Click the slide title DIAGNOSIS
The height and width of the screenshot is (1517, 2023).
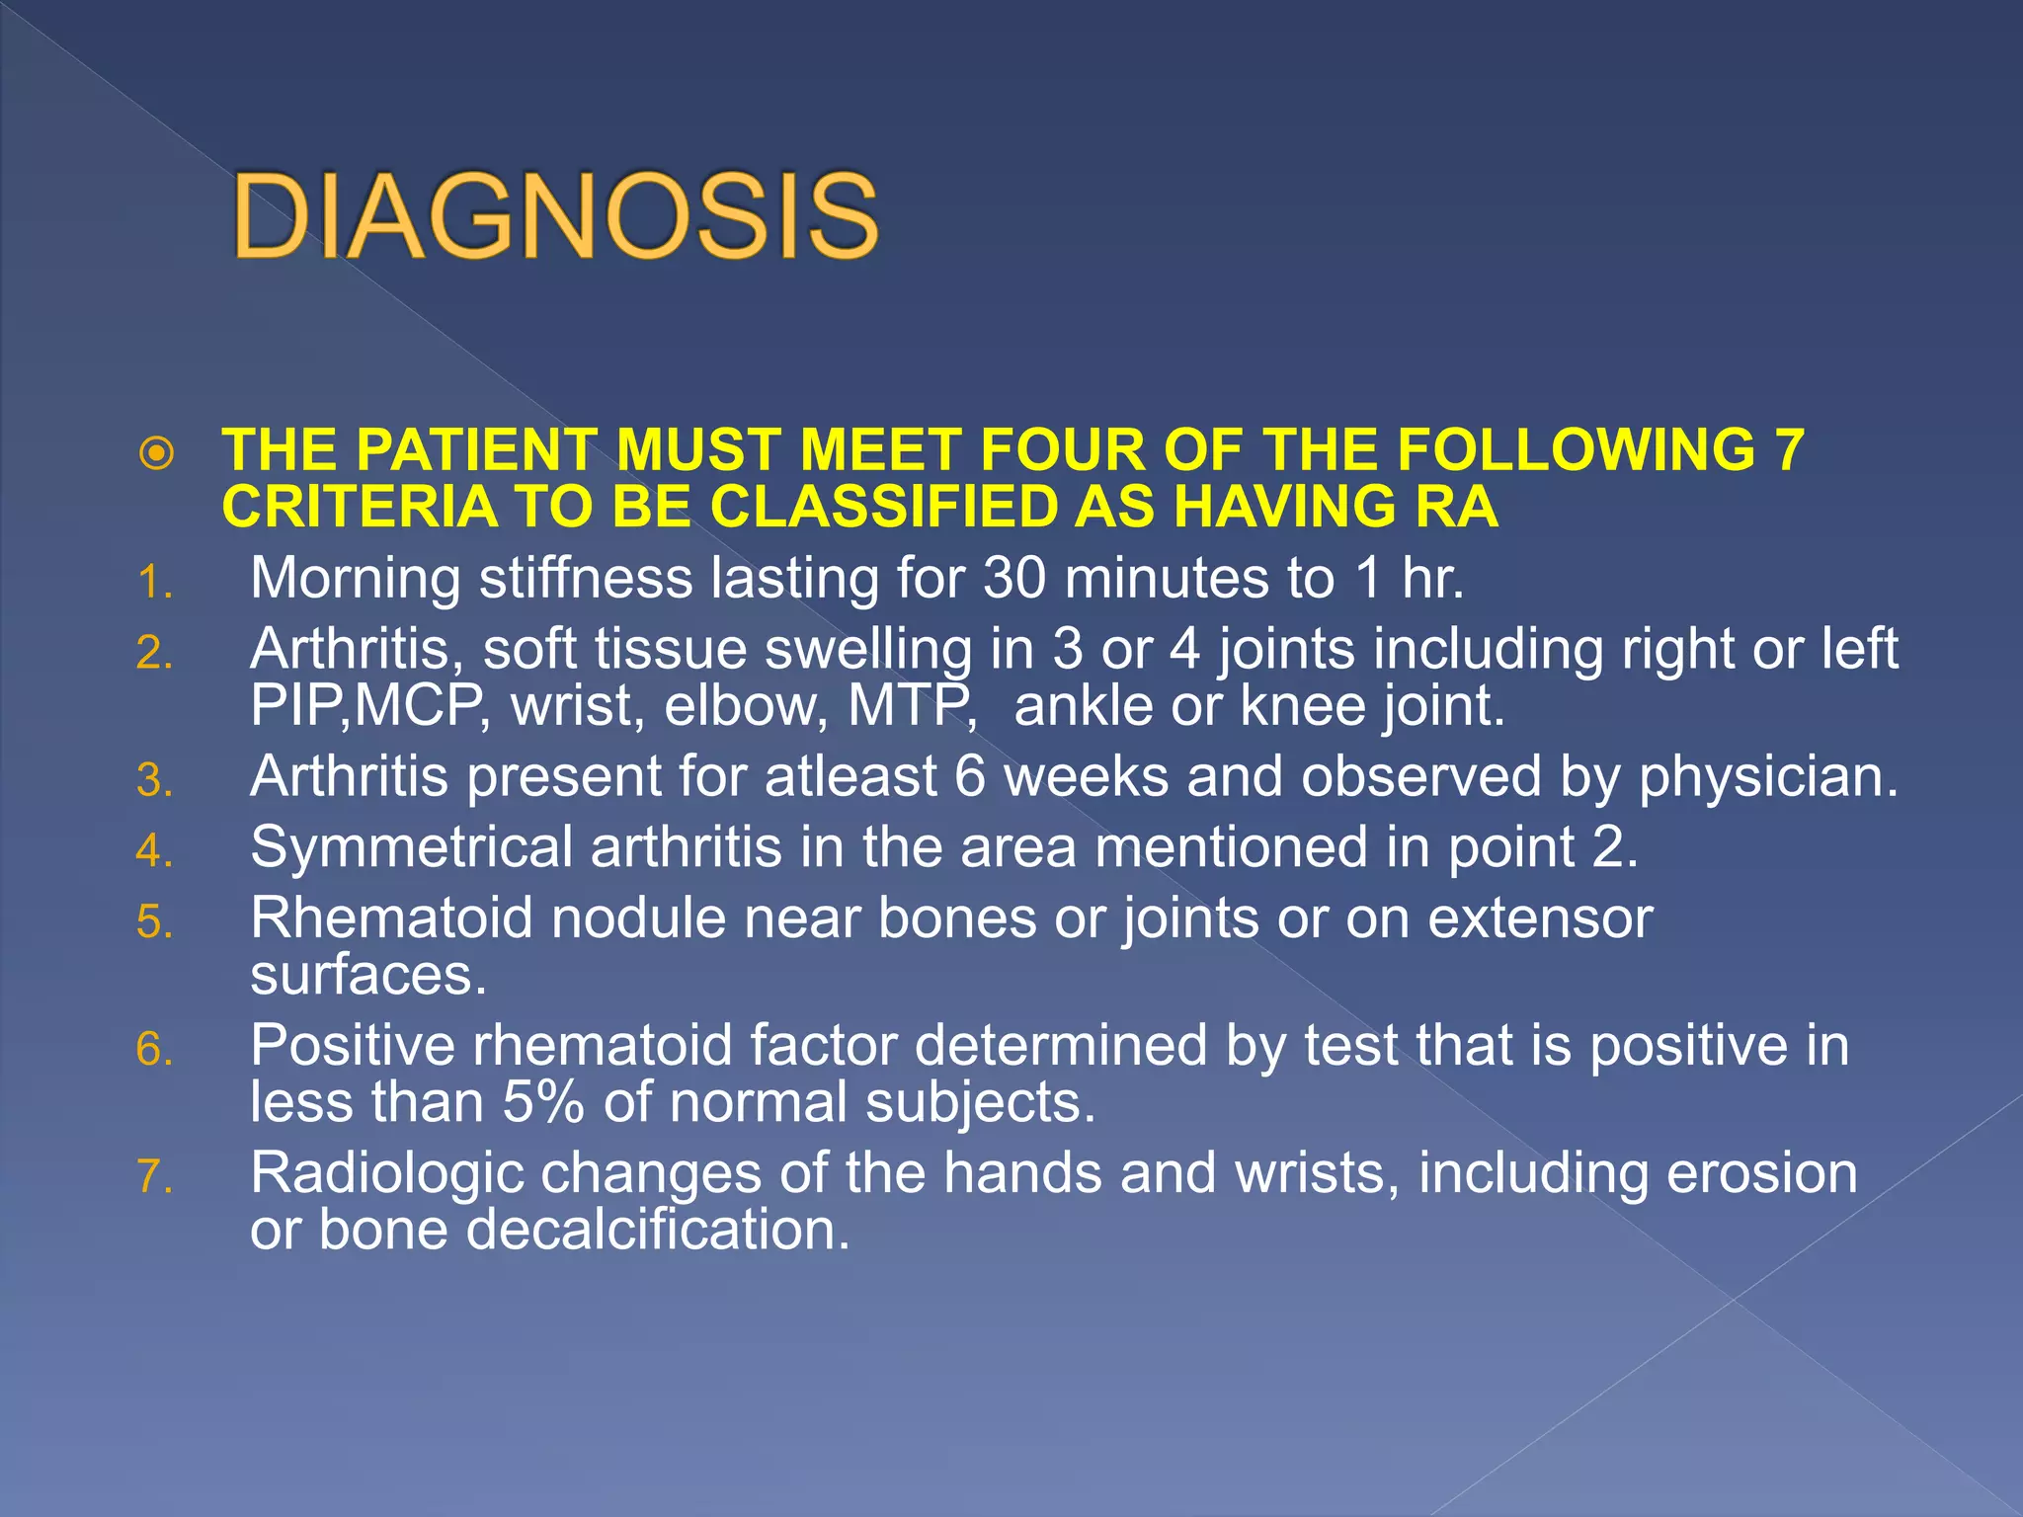pos(555,215)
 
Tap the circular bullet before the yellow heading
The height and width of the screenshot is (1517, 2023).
pos(157,453)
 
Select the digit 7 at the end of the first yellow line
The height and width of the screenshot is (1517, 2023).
pos(1789,450)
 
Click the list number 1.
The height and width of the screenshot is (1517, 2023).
pos(154,583)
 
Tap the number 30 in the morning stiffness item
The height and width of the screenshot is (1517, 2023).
pos(1014,579)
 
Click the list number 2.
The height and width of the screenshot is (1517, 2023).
pos(154,654)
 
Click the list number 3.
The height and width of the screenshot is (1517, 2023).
pos(154,781)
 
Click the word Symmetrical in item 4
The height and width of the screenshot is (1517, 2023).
pos(411,848)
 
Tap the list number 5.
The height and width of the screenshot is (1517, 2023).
pos(154,922)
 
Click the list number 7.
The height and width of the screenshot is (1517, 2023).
pos(154,1177)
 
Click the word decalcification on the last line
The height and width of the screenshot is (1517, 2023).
pos(657,1231)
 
